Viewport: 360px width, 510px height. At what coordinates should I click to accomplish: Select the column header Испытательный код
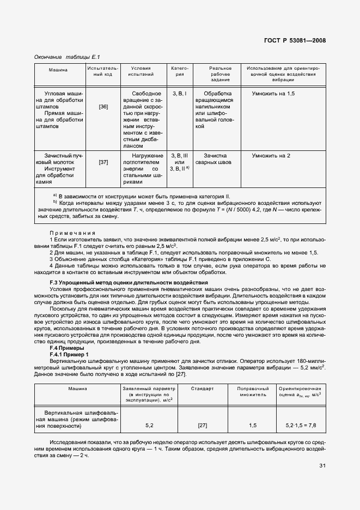click(99, 71)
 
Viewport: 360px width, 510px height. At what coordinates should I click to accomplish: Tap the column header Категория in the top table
click(180, 71)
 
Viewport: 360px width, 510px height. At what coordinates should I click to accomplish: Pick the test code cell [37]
click(103, 162)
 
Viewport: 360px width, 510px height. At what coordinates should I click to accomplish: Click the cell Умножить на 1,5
click(273, 94)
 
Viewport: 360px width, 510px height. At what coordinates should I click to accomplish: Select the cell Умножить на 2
click(271, 156)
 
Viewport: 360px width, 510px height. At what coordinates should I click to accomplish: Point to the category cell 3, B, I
click(179, 94)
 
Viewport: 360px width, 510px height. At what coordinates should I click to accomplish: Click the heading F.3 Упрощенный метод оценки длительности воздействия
click(129, 283)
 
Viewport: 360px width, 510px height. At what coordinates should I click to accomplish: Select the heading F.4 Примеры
click(67, 348)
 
